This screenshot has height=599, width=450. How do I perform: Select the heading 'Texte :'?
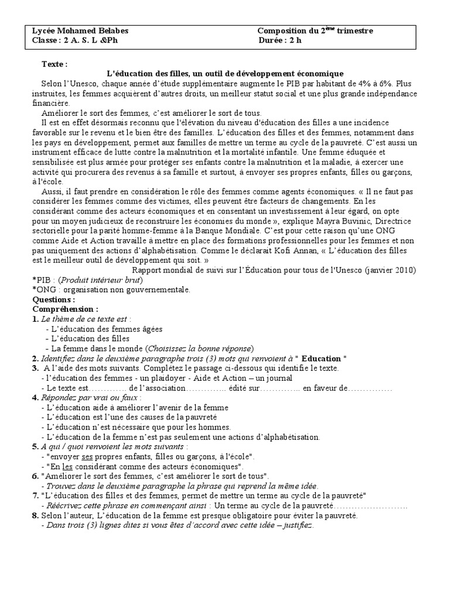pyautogui.click(x=54, y=64)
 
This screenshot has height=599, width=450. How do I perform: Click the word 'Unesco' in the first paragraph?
pyautogui.click(x=88, y=83)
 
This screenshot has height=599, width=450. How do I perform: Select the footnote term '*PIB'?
pyautogui.click(x=42, y=280)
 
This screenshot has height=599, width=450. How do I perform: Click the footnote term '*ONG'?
pyautogui.click(x=43, y=289)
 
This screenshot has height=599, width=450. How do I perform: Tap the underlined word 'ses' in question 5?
pyautogui.click(x=88, y=456)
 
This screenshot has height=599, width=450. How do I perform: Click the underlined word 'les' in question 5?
pyautogui.click(x=68, y=466)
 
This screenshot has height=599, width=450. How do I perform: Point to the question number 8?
pyautogui.click(x=36, y=516)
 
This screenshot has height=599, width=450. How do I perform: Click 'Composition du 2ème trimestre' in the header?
pyautogui.click(x=315, y=30)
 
